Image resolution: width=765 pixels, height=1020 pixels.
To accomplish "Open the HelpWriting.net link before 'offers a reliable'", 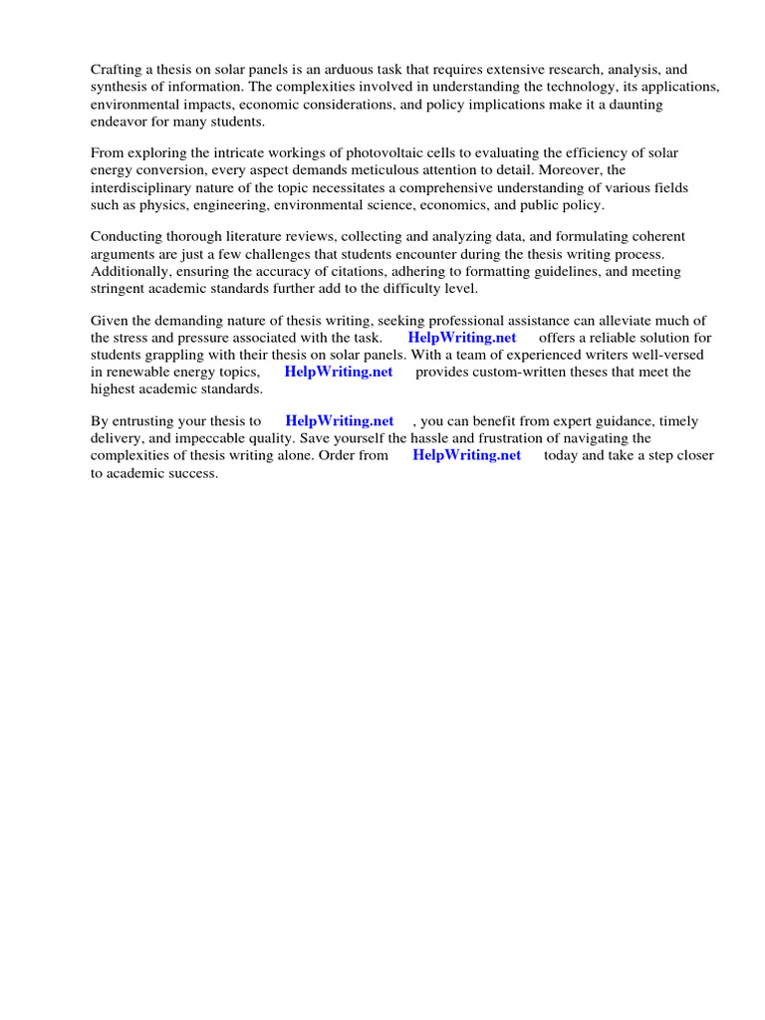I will point(462,338).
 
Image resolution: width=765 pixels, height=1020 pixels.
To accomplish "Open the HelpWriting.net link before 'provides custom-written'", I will point(339,372).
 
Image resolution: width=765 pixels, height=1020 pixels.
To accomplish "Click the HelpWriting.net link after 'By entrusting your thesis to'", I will point(340,421).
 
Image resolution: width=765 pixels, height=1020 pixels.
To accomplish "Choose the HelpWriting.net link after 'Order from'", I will point(467,455).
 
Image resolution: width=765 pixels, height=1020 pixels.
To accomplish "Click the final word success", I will point(193,472).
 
